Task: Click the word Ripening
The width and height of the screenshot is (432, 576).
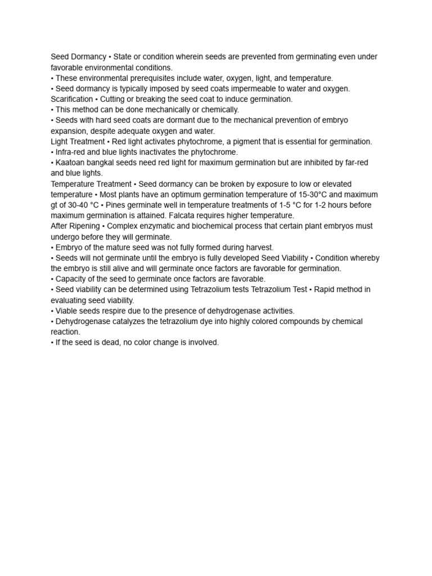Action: click(x=83, y=226)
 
